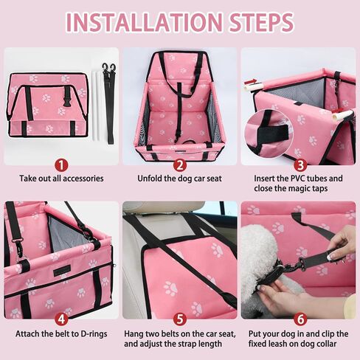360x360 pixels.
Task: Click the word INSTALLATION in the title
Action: click(x=145, y=22)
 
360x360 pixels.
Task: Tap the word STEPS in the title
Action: click(x=262, y=22)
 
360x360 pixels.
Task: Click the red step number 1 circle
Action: click(x=61, y=165)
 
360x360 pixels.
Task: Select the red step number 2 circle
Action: click(x=180, y=165)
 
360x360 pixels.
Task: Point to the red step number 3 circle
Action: click(x=300, y=165)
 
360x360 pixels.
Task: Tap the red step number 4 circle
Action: click(x=61, y=319)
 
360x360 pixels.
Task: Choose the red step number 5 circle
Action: click(x=180, y=319)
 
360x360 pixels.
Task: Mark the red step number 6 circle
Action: click(x=300, y=319)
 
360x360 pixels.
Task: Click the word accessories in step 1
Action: click(x=83, y=179)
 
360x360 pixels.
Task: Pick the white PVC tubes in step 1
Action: click(x=97, y=105)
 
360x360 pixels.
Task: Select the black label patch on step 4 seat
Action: click(x=62, y=270)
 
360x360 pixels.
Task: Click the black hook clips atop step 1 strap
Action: click(x=109, y=69)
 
